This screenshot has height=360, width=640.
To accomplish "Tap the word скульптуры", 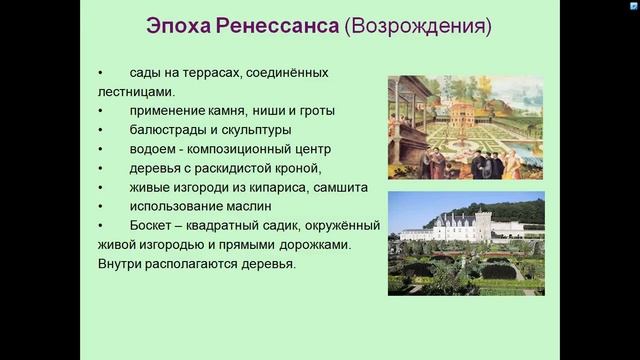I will tap(254, 130).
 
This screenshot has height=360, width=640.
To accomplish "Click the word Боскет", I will tap(153, 225).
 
